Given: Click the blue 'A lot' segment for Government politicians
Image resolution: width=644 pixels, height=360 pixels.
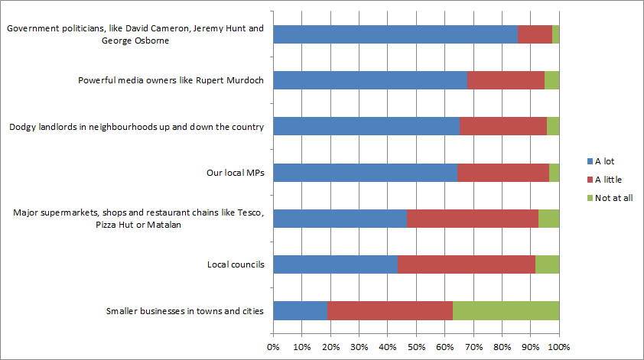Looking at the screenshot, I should (x=395, y=34).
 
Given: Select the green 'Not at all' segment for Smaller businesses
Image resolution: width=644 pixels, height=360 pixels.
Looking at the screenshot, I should (x=506, y=310).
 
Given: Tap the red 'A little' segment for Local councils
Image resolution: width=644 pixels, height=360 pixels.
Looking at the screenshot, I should (x=466, y=264).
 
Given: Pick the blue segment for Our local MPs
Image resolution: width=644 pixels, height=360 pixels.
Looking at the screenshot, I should (x=365, y=173).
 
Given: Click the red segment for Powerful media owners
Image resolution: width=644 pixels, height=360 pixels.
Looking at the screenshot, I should (x=506, y=80).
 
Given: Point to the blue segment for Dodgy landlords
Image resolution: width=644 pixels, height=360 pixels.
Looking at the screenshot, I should (x=366, y=127).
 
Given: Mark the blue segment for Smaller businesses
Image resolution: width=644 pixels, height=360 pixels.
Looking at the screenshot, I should (x=300, y=310).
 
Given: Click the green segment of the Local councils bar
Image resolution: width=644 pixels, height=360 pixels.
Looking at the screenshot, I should (x=547, y=264).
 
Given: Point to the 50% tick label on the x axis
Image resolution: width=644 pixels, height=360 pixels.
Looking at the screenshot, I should (x=416, y=348).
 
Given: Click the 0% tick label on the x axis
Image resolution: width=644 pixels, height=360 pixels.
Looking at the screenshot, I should (x=273, y=348).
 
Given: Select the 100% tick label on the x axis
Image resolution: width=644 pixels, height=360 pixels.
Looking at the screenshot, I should (x=559, y=348).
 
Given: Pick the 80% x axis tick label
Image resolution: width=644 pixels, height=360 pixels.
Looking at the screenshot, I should (x=502, y=348).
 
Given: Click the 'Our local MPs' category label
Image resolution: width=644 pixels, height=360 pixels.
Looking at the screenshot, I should (x=235, y=173).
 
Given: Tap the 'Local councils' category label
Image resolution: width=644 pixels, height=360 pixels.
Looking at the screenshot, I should (x=236, y=264).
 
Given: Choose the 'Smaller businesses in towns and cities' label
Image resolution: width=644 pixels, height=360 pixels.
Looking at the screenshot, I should (x=184, y=310).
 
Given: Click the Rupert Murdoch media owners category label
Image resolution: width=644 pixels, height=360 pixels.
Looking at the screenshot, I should (x=171, y=80).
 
